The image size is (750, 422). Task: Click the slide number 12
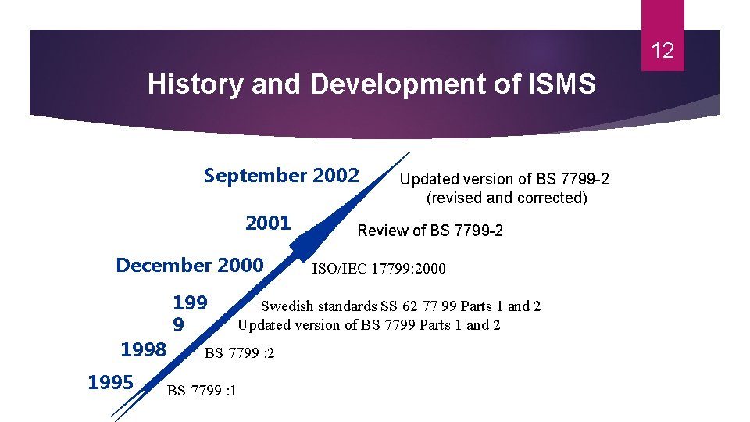point(662,52)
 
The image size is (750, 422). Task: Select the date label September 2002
point(281,175)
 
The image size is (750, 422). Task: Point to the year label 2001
point(268,224)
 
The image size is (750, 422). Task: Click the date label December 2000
point(190,265)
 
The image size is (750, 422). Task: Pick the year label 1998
point(144,349)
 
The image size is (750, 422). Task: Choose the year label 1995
point(111,382)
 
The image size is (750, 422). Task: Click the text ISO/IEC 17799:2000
point(379,270)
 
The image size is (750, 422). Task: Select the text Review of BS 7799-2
point(430,231)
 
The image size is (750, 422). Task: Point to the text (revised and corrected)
point(506,198)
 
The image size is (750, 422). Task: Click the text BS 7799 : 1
point(202,391)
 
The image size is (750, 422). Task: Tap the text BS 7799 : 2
point(239,353)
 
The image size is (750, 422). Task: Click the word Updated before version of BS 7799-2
point(427,179)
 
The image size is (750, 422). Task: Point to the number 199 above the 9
point(190,303)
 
